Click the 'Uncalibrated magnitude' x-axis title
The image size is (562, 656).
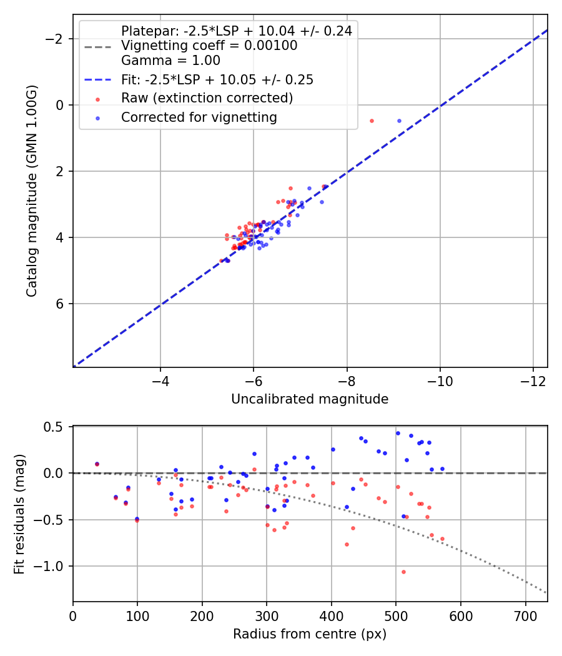(310, 399)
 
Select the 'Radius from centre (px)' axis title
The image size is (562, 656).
(310, 634)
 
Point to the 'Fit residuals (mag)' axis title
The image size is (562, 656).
(19, 514)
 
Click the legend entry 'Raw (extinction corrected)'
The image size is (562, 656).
(207, 98)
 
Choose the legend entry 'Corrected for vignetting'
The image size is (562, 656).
(199, 117)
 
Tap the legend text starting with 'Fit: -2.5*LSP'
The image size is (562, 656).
(217, 79)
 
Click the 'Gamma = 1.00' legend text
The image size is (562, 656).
(170, 61)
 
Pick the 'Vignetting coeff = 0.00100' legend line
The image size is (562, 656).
(209, 46)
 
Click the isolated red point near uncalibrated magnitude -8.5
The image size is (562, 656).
(372, 121)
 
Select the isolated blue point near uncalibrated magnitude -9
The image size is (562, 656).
(399, 121)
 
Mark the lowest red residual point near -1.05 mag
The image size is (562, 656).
(403, 572)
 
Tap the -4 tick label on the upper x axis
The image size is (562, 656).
(160, 380)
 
